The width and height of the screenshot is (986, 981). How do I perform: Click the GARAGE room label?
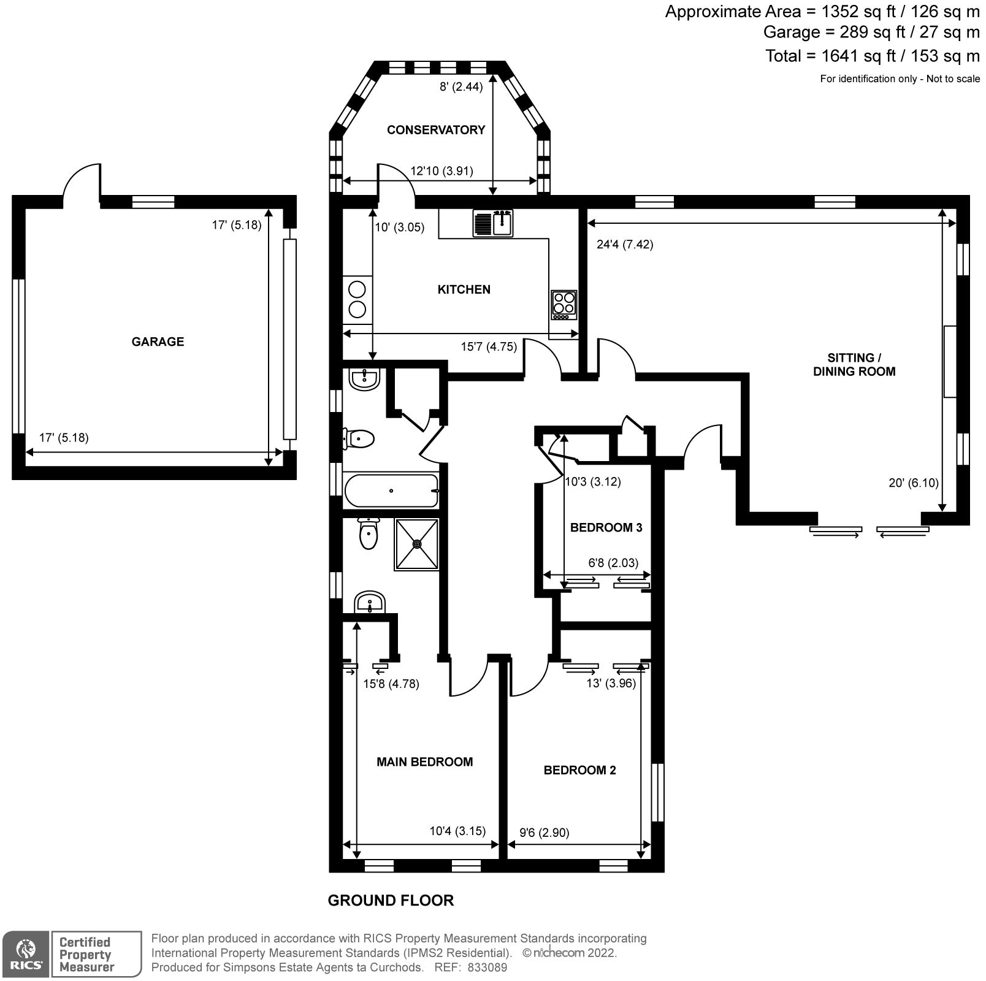point(158,342)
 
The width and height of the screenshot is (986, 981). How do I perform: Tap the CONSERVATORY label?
point(435,129)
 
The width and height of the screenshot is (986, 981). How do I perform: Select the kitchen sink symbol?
point(493,223)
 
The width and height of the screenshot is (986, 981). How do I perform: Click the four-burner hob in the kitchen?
point(564,304)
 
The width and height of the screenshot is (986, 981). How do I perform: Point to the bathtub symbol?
point(391,490)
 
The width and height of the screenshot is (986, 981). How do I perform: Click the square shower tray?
point(417,544)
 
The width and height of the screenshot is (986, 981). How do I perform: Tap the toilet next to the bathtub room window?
point(359,438)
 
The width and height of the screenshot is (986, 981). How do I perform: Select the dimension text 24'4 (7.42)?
point(624,245)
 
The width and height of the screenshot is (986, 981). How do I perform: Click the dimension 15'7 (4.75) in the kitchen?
point(489,347)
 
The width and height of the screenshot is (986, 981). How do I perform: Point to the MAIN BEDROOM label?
point(424,762)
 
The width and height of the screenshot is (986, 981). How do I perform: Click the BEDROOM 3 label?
point(606,527)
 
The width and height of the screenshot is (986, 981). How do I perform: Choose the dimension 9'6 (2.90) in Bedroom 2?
point(544,833)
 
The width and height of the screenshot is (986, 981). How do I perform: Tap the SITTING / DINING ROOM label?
point(854,364)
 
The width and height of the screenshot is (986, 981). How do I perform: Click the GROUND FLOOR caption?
point(391,900)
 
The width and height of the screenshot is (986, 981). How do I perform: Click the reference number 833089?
point(487,968)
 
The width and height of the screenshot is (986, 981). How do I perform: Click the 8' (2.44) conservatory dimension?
point(461,86)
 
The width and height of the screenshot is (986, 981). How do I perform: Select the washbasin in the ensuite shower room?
point(370,602)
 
